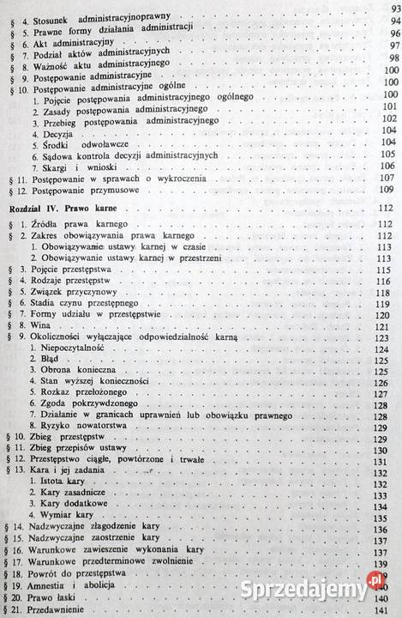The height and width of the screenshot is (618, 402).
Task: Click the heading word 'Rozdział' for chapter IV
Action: point(29,208)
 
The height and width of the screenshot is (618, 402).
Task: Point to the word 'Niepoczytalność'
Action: point(75,352)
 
